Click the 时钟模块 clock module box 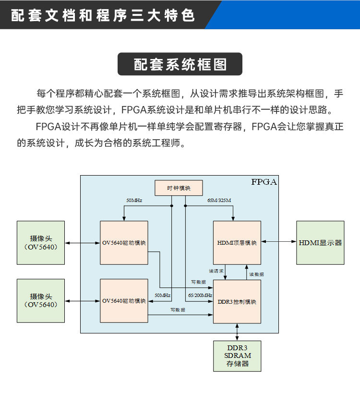[179, 188]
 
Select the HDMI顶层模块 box [237, 242]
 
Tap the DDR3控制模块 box [237, 302]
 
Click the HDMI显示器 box [320, 242]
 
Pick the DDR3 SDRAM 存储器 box [237, 356]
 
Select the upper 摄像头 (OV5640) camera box [40, 242]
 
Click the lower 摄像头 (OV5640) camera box [40, 300]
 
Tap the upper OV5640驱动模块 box [124, 242]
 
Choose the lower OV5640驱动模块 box [124, 300]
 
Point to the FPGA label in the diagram [264, 182]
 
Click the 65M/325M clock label [219, 200]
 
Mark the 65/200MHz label [200, 295]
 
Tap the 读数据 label [256, 274]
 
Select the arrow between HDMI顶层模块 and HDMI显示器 [278, 243]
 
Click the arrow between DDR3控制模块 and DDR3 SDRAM [237, 332]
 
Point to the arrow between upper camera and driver [82, 243]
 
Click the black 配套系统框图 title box [180, 64]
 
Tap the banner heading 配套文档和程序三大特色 [103, 15]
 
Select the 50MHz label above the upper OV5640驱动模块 [134, 200]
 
